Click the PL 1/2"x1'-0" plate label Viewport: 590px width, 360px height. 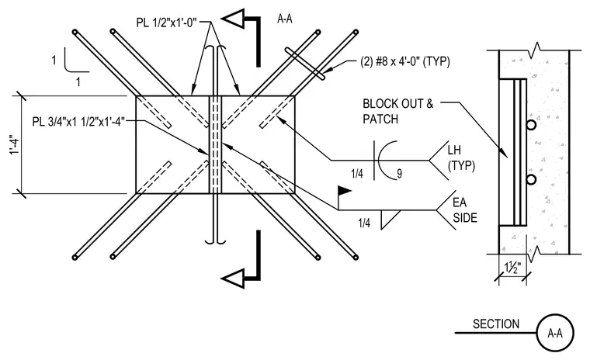coord(166,22)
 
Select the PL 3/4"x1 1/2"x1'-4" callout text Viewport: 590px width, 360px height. coord(78,122)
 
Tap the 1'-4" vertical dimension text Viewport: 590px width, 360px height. coord(13,145)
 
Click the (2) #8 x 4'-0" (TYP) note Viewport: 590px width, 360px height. coord(405,61)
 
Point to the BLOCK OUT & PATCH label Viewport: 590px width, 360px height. coord(397,112)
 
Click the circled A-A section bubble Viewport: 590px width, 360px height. coord(555,333)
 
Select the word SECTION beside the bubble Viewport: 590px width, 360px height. coord(496,324)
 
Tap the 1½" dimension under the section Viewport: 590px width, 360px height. coord(512,268)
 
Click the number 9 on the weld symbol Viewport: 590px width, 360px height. coord(399,174)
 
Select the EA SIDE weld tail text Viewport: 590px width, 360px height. coord(465,210)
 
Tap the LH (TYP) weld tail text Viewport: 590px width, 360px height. coord(461,158)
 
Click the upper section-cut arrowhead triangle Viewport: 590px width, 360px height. coord(233,19)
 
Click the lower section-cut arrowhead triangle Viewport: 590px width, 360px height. coord(233,279)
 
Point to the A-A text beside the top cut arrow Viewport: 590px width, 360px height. coord(285,19)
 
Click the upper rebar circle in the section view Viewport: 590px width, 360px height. coord(531,125)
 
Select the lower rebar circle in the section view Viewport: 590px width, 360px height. coord(531,180)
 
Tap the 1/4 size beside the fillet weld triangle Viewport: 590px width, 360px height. coord(364,223)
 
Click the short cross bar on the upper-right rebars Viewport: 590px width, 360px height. coord(305,64)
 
